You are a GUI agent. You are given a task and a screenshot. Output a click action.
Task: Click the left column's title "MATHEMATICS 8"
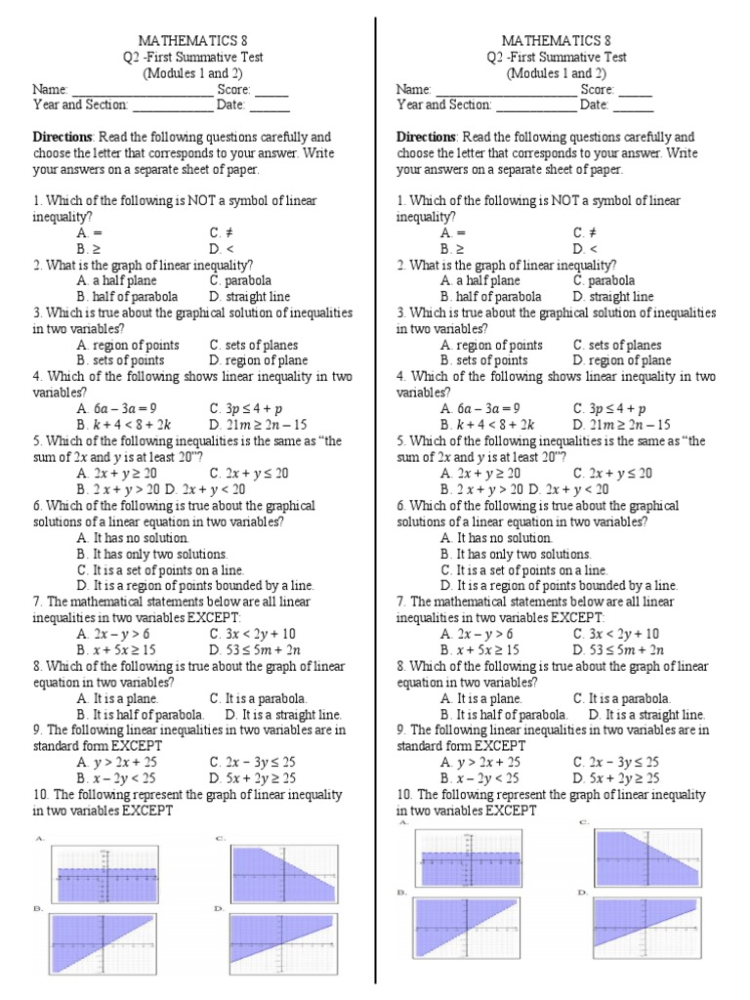pyautogui.click(x=192, y=41)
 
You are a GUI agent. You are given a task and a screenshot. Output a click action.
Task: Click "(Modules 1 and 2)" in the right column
pyautogui.click(x=556, y=73)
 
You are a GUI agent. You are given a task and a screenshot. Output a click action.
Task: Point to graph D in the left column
pyautogui.click(x=284, y=942)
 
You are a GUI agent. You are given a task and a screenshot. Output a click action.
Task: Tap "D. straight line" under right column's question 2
pyautogui.click(x=613, y=297)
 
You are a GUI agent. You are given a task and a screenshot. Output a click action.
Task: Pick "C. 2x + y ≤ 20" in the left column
pyautogui.click(x=249, y=473)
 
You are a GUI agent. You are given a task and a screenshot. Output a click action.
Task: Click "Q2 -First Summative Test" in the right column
pyautogui.click(x=556, y=57)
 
